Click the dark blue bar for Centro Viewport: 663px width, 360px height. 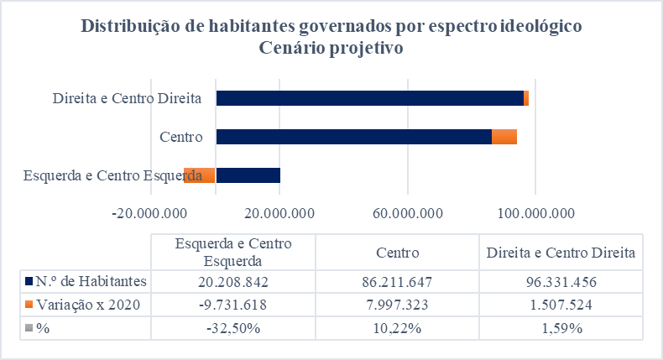coord(353,137)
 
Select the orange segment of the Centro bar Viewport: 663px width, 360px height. coord(504,137)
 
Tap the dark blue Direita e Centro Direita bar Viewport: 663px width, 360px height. coord(369,98)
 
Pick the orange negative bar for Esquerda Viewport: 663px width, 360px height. coord(200,175)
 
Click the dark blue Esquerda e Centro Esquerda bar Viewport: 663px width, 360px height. coord(248,175)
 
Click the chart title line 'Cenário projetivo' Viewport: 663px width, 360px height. coord(331,49)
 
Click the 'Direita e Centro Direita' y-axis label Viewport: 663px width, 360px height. coord(127,98)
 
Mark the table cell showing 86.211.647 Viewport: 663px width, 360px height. coord(398,280)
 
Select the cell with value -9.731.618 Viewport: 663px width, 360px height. coord(232,304)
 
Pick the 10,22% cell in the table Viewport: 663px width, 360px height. coord(398,327)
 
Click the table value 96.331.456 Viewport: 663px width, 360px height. coord(562,280)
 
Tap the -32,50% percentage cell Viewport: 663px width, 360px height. coord(232,327)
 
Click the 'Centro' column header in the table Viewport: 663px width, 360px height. coord(398,252)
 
